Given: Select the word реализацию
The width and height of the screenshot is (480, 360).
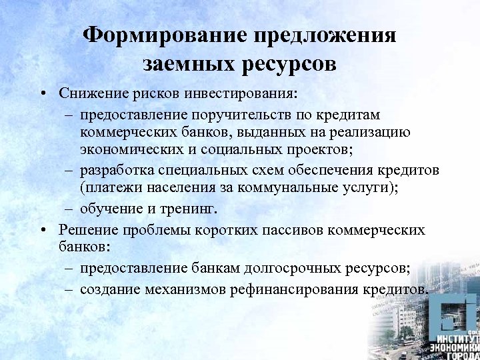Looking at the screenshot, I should [374, 133].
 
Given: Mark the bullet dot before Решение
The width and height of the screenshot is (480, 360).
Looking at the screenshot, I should [43, 230].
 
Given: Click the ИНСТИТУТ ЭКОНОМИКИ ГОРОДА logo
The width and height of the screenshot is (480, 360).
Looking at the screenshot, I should [454, 327].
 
